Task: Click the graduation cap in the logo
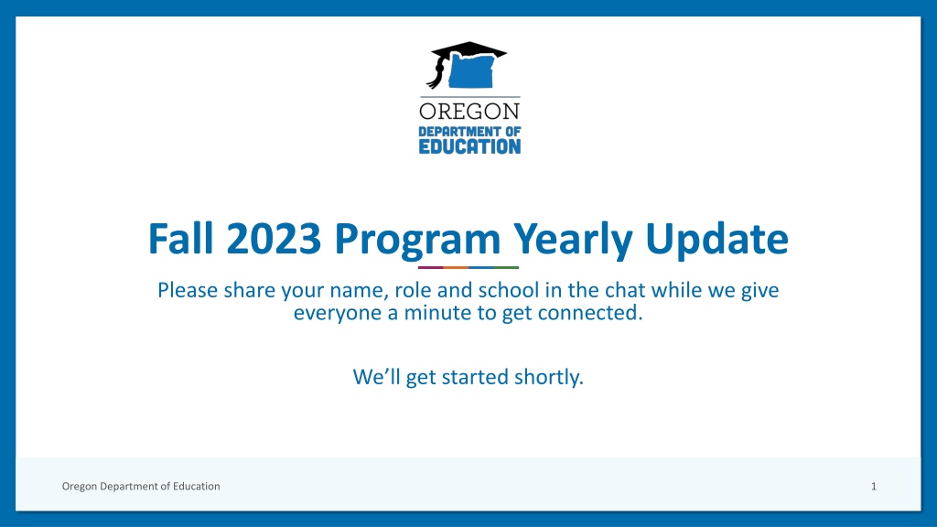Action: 469,51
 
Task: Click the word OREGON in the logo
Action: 469,111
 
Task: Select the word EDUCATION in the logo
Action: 469,146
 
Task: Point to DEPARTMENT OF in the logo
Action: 469,132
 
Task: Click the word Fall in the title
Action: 180,239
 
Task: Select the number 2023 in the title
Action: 274,239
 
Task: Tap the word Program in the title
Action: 417,242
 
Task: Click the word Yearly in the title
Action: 573,242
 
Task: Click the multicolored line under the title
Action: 468,267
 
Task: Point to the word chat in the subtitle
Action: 624,290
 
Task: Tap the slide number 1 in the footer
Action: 874,487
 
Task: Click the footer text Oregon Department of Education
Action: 141,487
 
